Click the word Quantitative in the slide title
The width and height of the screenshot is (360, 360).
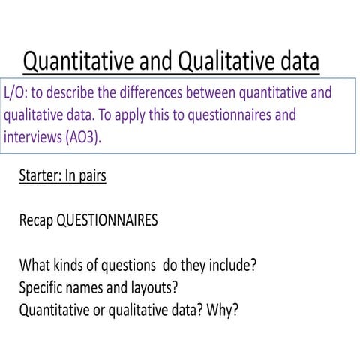point(85,60)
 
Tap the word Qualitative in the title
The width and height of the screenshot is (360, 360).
point(235,60)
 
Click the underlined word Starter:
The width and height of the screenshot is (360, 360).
point(43,177)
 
